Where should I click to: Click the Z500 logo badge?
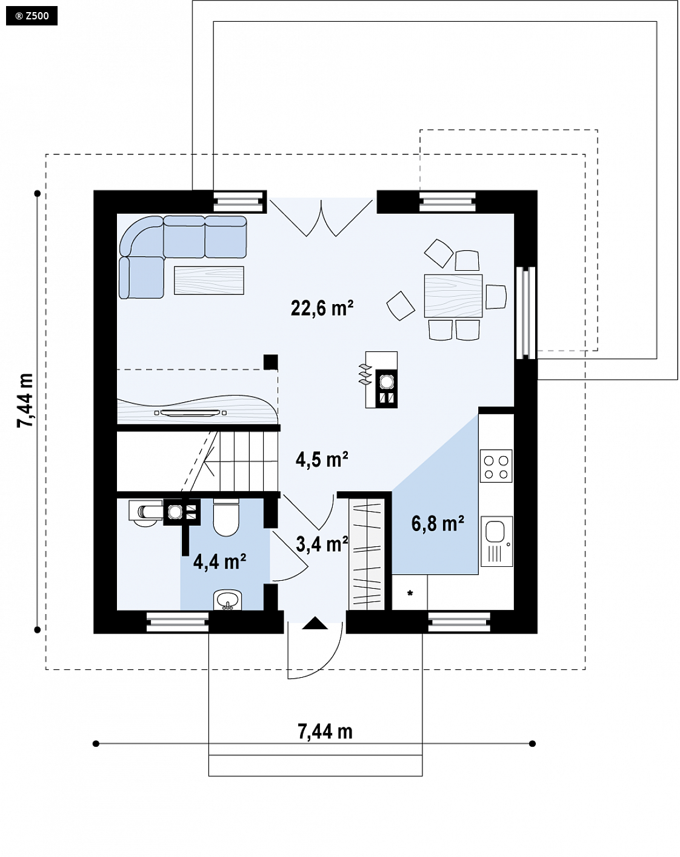pyautogui.click(x=32, y=16)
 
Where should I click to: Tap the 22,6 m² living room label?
pyautogui.click(x=322, y=308)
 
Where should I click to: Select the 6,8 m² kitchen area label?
pyautogui.click(x=438, y=524)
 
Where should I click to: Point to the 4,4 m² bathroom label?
pyautogui.click(x=219, y=561)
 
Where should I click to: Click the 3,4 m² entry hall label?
pyautogui.click(x=322, y=544)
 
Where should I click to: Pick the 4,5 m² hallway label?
pyautogui.click(x=322, y=460)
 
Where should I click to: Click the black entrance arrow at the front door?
pyautogui.click(x=315, y=623)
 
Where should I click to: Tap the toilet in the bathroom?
pyautogui.click(x=226, y=517)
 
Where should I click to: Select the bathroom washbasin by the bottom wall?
pyautogui.click(x=228, y=600)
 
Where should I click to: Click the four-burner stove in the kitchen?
pyautogui.click(x=496, y=466)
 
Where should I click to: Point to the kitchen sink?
pyautogui.click(x=496, y=541)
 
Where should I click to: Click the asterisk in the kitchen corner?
pyautogui.click(x=410, y=594)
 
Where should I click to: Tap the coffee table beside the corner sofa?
pyautogui.click(x=209, y=280)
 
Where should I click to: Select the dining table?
pyautogui.click(x=453, y=296)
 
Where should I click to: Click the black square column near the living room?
pyautogui.click(x=271, y=362)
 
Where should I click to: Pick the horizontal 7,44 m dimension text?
pyautogui.click(x=325, y=732)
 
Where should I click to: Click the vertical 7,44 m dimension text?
pyautogui.click(x=25, y=400)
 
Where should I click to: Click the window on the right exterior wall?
pyautogui.click(x=525, y=313)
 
